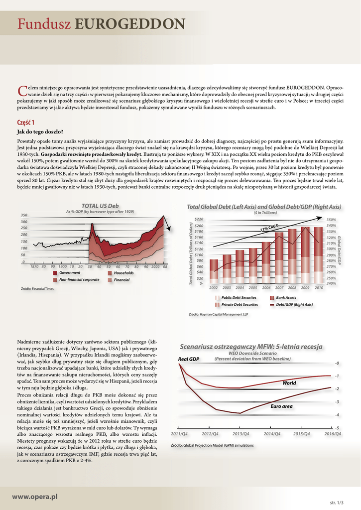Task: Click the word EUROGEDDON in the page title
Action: [130, 23]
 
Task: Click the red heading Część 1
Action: [26, 123]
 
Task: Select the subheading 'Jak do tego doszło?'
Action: [40, 132]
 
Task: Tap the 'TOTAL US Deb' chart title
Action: [100, 206]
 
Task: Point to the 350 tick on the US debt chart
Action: [24, 215]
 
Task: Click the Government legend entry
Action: [69, 273]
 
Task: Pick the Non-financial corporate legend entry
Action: [79, 280]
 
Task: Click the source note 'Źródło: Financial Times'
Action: [37, 289]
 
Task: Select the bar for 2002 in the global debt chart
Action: [214, 271]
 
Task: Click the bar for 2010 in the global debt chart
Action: [318, 255]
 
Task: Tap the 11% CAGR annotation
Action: [269, 228]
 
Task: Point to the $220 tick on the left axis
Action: [199, 219]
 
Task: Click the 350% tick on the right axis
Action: [331, 219]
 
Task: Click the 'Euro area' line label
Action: [281, 406]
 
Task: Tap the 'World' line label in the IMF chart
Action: [289, 383]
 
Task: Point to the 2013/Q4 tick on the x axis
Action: [241, 434]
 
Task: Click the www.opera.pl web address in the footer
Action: [35, 497]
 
